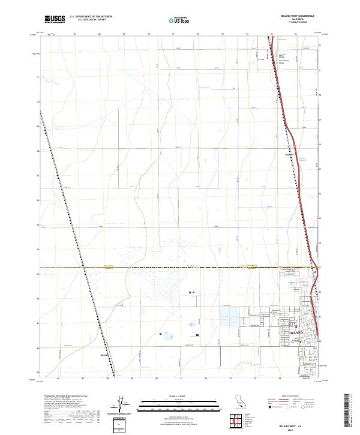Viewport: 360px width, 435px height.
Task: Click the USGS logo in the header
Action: (x=55, y=19)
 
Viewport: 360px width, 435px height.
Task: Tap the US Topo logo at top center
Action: (x=178, y=20)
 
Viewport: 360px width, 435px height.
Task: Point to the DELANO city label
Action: (x=297, y=332)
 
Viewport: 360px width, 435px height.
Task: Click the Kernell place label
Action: (x=104, y=355)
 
